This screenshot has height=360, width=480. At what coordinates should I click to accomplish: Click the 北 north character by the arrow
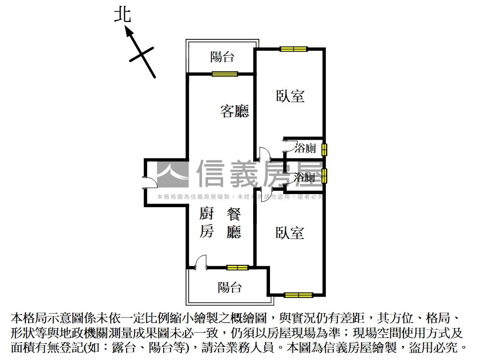[x=122, y=15]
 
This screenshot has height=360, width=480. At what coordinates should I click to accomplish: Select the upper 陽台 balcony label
[x=222, y=57]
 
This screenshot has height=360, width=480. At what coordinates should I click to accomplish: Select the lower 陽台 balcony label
[x=230, y=287]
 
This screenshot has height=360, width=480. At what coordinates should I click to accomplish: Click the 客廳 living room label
[x=234, y=111]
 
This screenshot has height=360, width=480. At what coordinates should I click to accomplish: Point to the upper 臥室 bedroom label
[x=290, y=96]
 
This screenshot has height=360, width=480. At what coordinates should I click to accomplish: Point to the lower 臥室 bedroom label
[x=290, y=232]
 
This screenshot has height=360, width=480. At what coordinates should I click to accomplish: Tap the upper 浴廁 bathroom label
[x=305, y=149]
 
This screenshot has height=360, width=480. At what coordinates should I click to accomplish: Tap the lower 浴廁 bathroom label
[x=304, y=177]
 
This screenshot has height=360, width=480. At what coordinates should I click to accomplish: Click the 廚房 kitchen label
[x=207, y=223]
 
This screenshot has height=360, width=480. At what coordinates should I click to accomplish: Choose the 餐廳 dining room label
[x=233, y=223]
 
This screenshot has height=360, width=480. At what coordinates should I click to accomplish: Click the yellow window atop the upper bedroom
[x=294, y=49]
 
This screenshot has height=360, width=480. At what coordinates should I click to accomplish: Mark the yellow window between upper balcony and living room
[x=225, y=74]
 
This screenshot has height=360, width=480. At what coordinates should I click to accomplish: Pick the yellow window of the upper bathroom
[x=324, y=150]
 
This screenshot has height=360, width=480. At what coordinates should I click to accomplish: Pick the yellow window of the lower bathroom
[x=324, y=176]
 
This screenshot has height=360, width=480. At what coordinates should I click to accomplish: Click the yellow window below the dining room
[x=237, y=268]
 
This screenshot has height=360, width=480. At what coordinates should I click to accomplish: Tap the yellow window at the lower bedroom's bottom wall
[x=298, y=295]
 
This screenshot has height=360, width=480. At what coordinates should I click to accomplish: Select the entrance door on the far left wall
[x=145, y=181]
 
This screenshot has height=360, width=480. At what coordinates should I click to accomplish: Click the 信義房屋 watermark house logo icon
[x=172, y=173]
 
